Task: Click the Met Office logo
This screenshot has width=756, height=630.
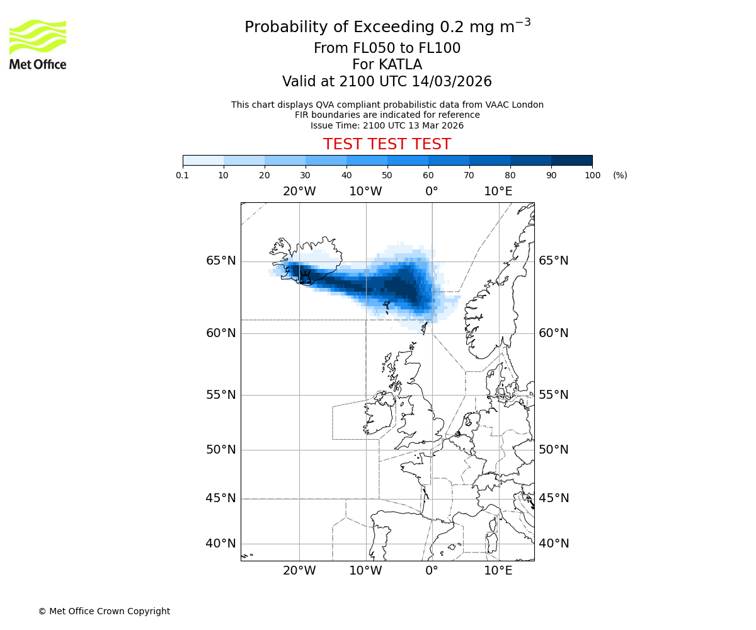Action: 38,44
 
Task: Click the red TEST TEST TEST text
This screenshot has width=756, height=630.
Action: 387,144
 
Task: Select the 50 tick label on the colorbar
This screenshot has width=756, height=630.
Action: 387,175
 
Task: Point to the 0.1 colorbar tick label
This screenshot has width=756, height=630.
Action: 183,175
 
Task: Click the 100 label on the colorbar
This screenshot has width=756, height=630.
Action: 592,175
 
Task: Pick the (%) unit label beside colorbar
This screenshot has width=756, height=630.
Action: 620,175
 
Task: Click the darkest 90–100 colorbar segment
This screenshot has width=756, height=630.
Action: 571,160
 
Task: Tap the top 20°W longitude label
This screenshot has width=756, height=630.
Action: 299,192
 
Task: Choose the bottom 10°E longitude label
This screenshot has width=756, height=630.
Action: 498,571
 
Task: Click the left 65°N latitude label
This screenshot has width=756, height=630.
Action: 220,261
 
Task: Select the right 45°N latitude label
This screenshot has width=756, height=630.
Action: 553,498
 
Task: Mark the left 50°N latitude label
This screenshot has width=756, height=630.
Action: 220,450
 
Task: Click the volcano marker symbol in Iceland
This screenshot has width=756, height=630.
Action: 305,277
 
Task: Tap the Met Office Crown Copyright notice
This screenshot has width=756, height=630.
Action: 104,611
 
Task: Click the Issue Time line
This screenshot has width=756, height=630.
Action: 387,125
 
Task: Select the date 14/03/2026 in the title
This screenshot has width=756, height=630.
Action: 452,82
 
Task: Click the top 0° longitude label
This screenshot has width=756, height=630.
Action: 432,192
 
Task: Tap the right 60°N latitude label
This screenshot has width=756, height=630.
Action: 553,333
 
